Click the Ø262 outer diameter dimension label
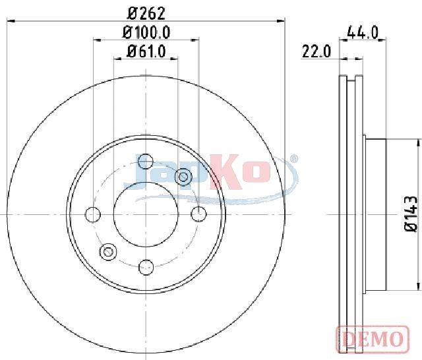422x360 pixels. pyautogui.click(x=146, y=13)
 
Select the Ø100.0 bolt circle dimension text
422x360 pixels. pyautogui.click(x=146, y=33)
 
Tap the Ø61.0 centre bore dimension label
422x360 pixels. pyautogui.click(x=146, y=51)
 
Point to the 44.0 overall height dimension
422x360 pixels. pyautogui.click(x=363, y=32)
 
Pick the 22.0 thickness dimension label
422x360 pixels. pyautogui.click(x=316, y=51)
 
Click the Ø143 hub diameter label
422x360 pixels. pyautogui.click(x=411, y=214)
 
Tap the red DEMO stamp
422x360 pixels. pyautogui.click(x=373, y=338)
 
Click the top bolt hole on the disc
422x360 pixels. pyautogui.click(x=145, y=162)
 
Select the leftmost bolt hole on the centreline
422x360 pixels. pyautogui.click(x=93, y=215)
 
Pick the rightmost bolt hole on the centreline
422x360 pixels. pyautogui.click(x=199, y=214)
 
